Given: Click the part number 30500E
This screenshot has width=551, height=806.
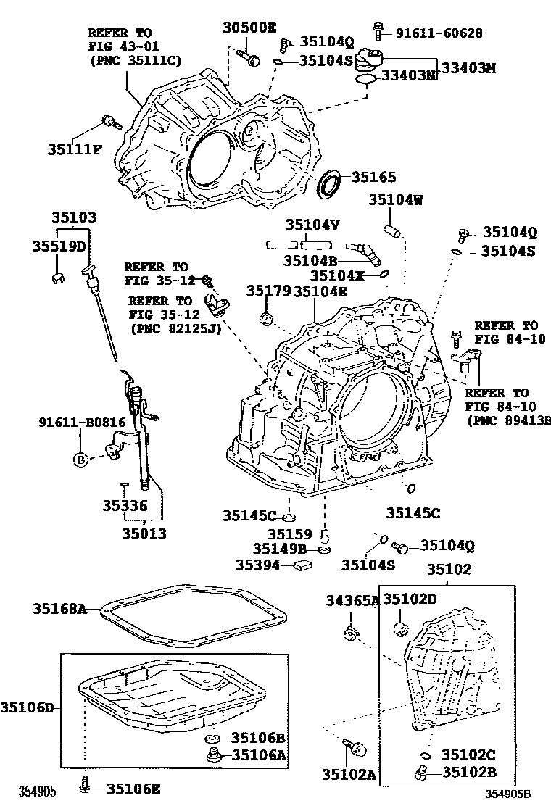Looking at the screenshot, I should (249, 28).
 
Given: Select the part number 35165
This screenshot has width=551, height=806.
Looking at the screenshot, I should (374, 176).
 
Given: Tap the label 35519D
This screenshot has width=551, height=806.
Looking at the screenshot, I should (59, 246).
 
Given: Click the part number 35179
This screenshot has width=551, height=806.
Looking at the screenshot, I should (268, 291).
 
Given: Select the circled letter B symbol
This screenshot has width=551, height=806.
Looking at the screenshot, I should (80, 459).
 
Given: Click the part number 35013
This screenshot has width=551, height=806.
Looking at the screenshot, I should (144, 534).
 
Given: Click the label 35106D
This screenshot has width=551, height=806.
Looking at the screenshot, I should (28, 707).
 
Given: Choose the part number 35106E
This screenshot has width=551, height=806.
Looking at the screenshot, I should (134, 789).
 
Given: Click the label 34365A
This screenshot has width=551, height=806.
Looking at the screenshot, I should (352, 600).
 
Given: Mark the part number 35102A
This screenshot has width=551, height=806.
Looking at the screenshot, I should (349, 775).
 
